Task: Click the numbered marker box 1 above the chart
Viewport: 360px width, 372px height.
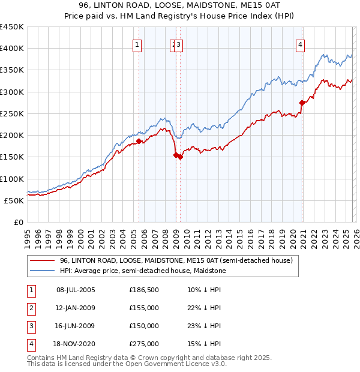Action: click(x=137, y=44)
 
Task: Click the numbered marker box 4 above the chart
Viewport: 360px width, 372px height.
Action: click(x=299, y=44)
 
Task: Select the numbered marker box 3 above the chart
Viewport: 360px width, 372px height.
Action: click(x=179, y=44)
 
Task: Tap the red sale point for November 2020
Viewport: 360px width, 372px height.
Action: click(x=302, y=103)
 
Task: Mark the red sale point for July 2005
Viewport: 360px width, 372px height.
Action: click(x=139, y=141)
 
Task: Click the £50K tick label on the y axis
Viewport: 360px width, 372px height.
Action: click(x=14, y=200)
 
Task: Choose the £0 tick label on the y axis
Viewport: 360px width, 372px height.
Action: click(x=19, y=222)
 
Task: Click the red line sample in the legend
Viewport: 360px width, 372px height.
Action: click(x=42, y=260)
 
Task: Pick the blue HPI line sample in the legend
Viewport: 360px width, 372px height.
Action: click(x=42, y=271)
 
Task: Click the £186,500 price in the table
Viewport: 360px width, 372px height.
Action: click(x=144, y=290)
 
